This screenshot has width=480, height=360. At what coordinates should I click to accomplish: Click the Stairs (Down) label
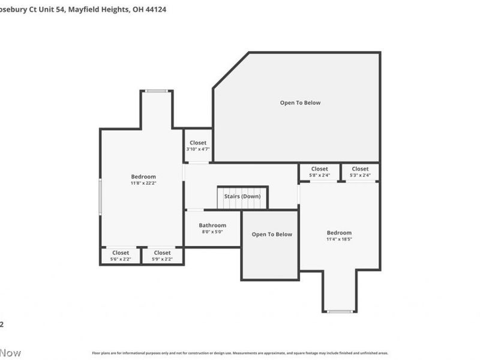[x=242, y=196]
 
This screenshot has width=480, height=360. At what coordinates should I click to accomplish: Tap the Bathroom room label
[x=212, y=225]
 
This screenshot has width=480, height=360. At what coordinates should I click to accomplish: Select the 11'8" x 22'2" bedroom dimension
[x=143, y=183]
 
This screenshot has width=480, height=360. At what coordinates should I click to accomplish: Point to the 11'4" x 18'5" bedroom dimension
[x=339, y=239]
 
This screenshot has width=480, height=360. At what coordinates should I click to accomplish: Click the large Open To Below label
[x=300, y=103]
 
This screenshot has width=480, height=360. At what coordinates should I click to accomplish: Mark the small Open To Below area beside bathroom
[x=272, y=234]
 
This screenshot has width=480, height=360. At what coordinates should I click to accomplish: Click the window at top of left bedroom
[x=157, y=91]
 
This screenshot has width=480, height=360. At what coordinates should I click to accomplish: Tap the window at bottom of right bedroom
[x=340, y=311]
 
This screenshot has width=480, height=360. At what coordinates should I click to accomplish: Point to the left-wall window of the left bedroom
[x=101, y=196]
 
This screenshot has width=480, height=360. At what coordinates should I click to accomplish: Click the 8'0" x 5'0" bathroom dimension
[x=212, y=232]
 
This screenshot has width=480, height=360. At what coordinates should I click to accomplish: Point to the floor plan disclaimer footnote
[x=240, y=353]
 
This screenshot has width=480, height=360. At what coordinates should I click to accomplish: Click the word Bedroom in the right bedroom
[x=339, y=232]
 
